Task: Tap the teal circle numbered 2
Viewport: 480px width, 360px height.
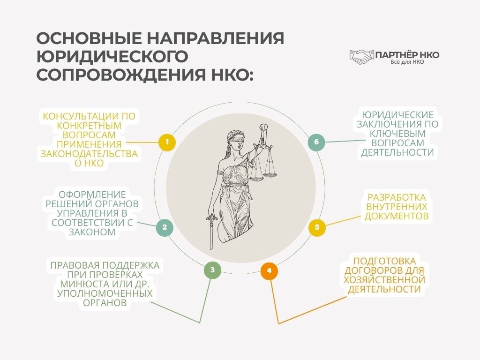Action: point(165,227)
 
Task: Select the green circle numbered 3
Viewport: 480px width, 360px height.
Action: point(212,270)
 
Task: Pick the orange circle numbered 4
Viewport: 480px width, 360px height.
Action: point(269,271)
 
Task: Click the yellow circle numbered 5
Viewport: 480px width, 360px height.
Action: point(317,228)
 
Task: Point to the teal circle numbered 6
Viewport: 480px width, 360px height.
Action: point(316,142)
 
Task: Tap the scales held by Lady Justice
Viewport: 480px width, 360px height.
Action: point(263,164)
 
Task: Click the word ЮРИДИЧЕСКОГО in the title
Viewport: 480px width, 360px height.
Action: point(112,56)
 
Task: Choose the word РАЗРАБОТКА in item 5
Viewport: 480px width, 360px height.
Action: point(397,197)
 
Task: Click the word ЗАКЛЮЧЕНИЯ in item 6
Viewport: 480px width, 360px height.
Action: point(397,124)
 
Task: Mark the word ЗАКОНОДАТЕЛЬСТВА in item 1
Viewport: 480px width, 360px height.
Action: point(89,154)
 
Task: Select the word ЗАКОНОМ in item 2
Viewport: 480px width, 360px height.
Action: point(93,232)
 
